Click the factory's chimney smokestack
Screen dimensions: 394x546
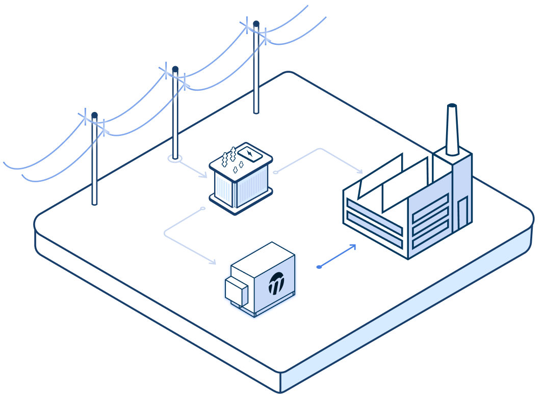click(452, 130)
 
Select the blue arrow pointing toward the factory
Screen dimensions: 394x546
click(337, 256)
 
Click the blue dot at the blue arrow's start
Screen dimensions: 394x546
click(319, 266)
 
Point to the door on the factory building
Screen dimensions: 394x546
click(462, 213)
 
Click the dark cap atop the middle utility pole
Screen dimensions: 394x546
click(175, 69)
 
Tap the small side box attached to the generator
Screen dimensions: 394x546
click(237, 290)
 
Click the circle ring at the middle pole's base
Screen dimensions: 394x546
click(175, 159)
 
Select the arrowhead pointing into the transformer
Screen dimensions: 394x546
click(204, 176)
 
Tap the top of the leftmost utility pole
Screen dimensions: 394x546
click(94, 116)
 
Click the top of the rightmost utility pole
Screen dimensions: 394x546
click(256, 23)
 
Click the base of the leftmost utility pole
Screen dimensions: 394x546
click(94, 203)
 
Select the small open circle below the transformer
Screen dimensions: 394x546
click(202, 208)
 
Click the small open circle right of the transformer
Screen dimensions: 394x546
click(275, 173)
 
